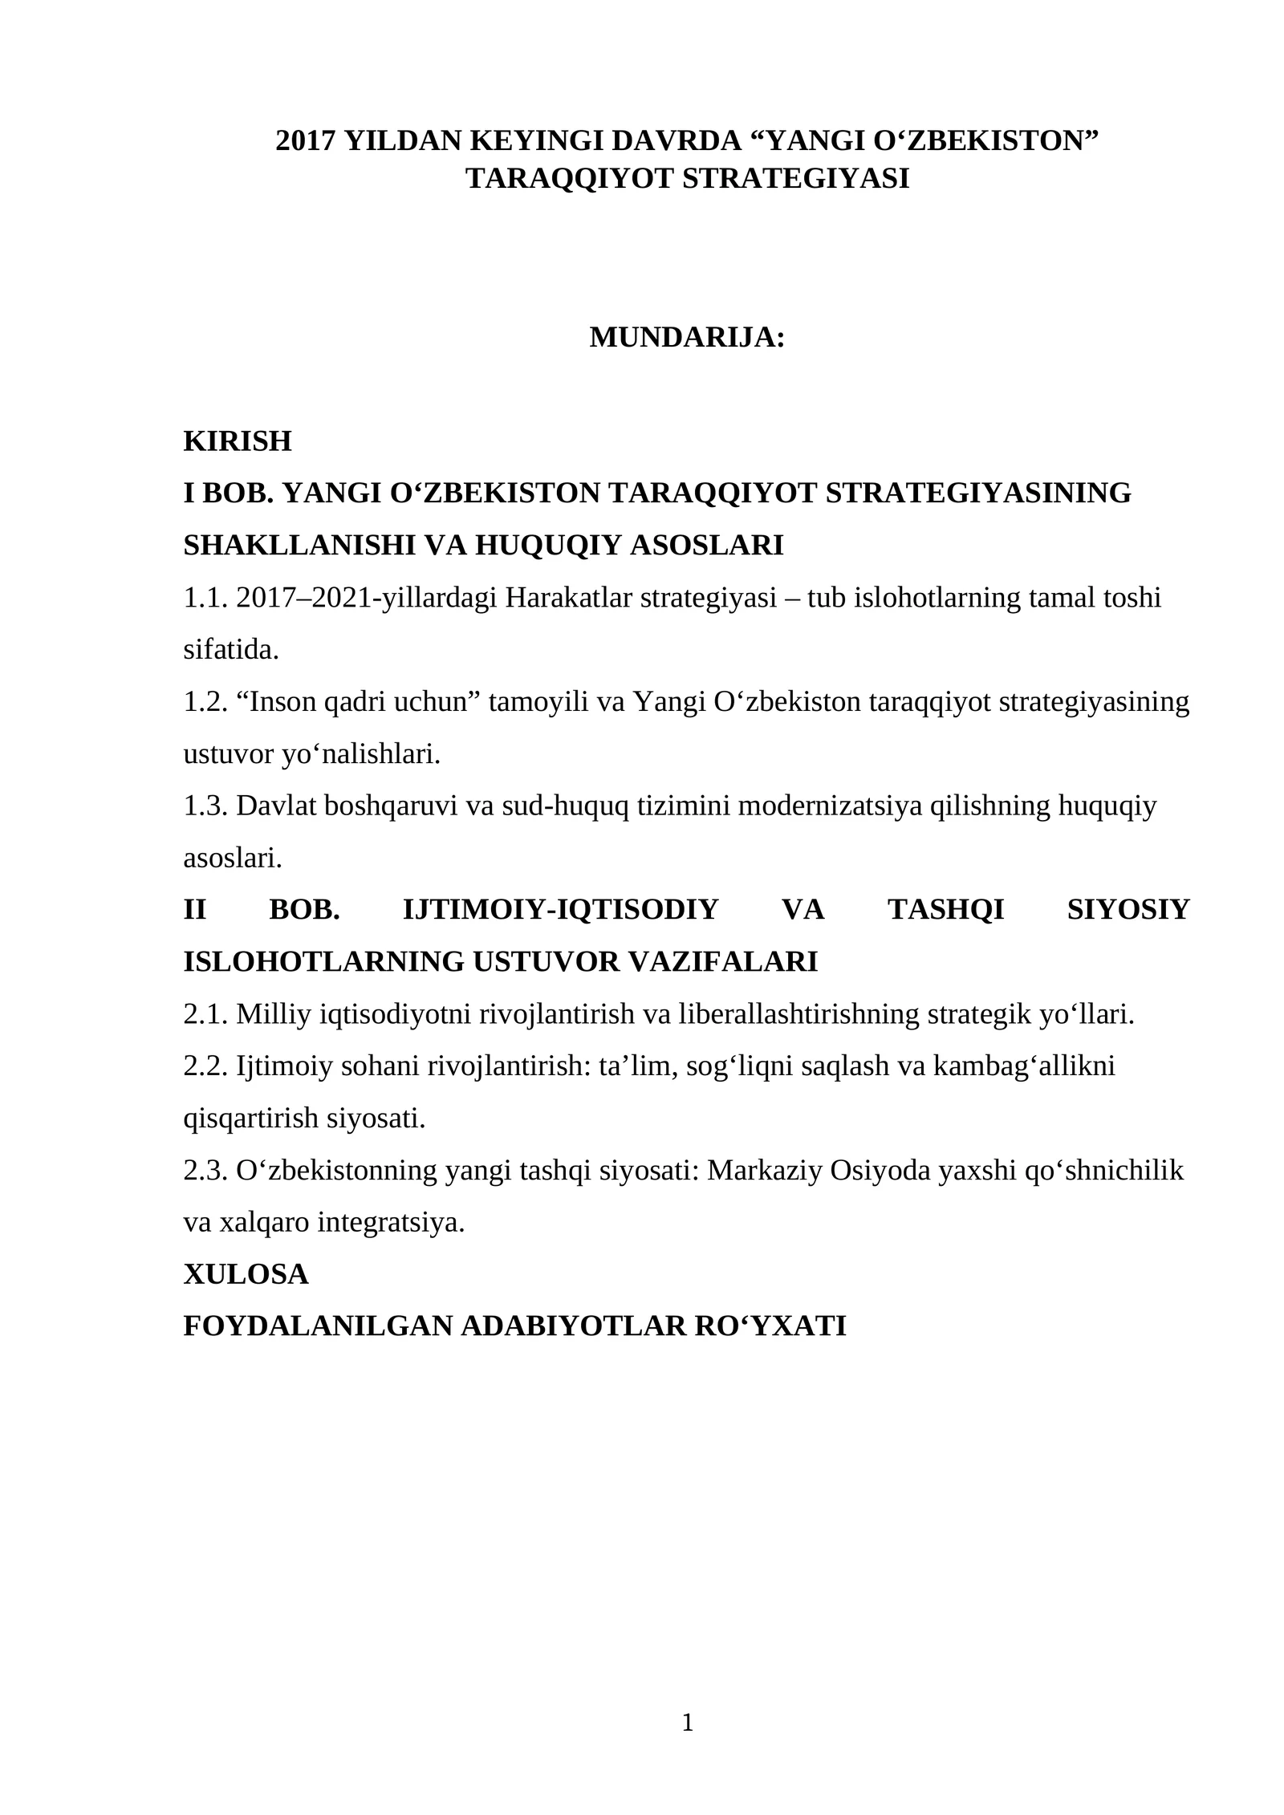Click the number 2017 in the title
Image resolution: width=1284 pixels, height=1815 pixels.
click(x=306, y=140)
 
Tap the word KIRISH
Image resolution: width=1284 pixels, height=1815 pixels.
click(x=238, y=441)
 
